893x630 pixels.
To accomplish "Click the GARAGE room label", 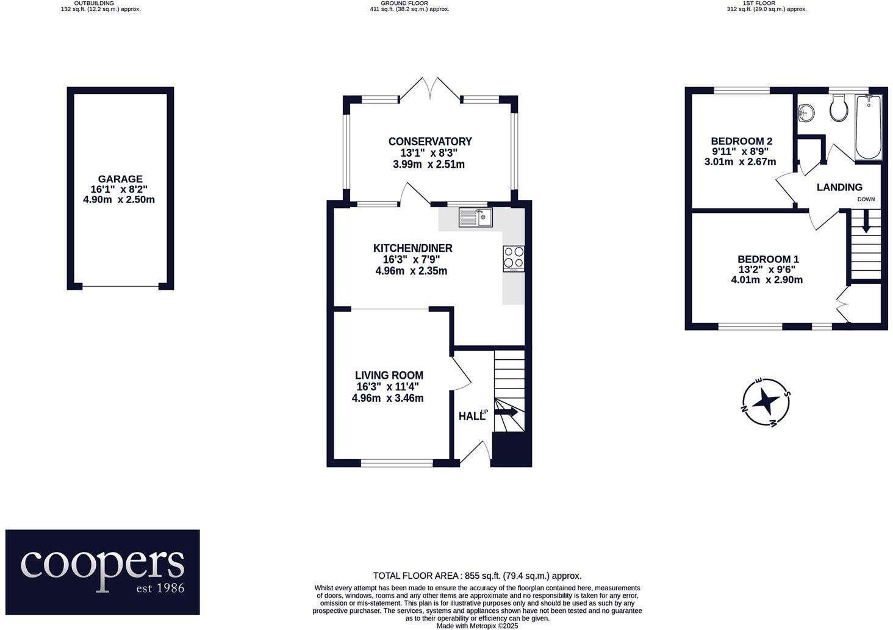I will point(121,179).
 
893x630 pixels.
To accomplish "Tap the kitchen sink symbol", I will point(476,217).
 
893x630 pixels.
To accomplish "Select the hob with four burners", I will point(513,259).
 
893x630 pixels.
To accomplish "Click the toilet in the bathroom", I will point(839,110).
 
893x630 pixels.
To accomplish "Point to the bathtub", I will point(868,128).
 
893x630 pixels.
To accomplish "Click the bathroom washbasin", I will point(806,112).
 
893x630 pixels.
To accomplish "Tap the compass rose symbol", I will point(765,402).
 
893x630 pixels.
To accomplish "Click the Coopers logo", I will point(102,571).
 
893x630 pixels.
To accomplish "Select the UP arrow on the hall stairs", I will point(506,413).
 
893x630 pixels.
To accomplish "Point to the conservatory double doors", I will point(431,89).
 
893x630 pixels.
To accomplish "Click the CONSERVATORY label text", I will point(430,141).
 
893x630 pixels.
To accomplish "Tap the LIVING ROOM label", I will point(389,376).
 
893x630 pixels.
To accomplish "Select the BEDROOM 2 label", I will point(742,140).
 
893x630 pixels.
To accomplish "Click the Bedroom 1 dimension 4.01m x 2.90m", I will point(767,280).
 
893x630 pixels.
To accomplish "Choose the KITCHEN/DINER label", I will point(413,248).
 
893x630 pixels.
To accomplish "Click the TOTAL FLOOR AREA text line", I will point(477,576).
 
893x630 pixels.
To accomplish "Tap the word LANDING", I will point(839,187).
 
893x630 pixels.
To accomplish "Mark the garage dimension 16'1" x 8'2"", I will point(121,190).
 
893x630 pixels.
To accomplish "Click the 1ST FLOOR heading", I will point(759,3).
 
